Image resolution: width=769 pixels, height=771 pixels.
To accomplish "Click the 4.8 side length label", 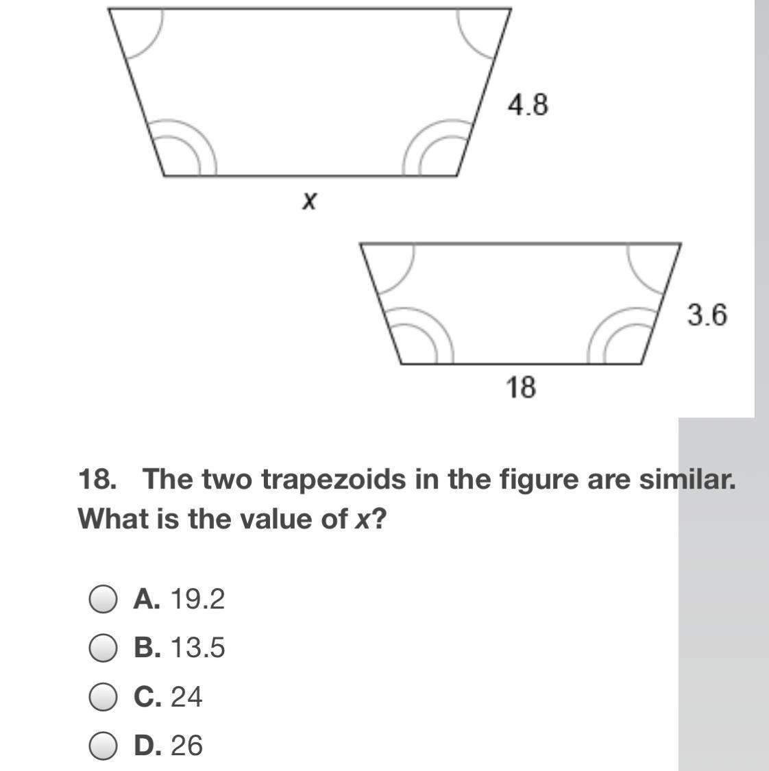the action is pyautogui.click(x=528, y=105).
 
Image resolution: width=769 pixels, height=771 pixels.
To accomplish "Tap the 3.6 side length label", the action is pyautogui.click(x=707, y=315).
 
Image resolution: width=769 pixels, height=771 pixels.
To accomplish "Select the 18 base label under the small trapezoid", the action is pyautogui.click(x=521, y=387).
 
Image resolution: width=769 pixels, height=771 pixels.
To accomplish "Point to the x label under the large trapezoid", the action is pyautogui.click(x=309, y=201).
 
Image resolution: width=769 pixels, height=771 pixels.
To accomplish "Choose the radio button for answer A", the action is pyautogui.click(x=103, y=599).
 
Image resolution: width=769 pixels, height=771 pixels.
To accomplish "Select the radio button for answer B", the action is pyautogui.click(x=103, y=648).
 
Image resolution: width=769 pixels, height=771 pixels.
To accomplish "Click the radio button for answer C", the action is pyautogui.click(x=103, y=697).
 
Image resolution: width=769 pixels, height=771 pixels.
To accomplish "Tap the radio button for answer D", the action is pyautogui.click(x=103, y=746).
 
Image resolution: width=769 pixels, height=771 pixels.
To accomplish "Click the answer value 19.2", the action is pyautogui.click(x=197, y=599).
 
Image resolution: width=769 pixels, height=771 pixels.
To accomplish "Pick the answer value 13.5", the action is pyautogui.click(x=197, y=648).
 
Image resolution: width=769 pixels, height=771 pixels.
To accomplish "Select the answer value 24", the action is pyautogui.click(x=186, y=697).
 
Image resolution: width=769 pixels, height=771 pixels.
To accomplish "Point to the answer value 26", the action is pyautogui.click(x=186, y=746).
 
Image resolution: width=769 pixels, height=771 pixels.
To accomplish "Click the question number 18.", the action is pyautogui.click(x=97, y=479).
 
